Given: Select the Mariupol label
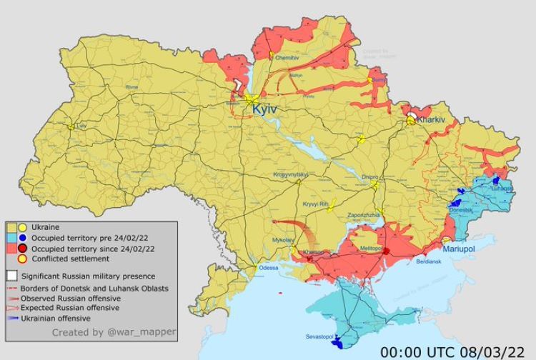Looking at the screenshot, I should tap(465, 249).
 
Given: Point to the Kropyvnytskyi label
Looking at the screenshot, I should tap(290, 175).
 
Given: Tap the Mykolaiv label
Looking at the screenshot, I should tap(283, 240).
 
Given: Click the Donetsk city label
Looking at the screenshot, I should tap(461, 210).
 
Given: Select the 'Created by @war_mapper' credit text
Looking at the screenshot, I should tap(114, 332).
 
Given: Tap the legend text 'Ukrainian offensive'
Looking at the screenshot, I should tap(56, 318).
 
